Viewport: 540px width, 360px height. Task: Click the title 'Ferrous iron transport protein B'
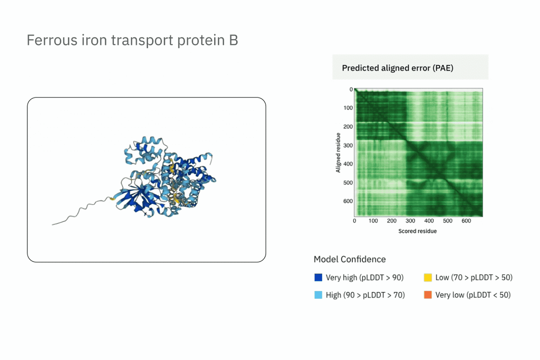132,40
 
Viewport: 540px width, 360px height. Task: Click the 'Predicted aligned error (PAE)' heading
398,68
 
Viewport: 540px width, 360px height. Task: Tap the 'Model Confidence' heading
350,259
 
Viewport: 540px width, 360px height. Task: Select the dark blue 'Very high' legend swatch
318,277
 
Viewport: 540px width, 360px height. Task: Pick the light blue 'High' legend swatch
318,295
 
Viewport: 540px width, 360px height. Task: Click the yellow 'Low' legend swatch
428,277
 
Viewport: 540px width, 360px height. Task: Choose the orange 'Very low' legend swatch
428,295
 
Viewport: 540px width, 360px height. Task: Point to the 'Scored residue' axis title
417,231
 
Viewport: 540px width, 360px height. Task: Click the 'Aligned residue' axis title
338,153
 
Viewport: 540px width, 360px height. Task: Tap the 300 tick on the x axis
410,221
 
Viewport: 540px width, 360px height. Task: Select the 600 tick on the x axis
466,221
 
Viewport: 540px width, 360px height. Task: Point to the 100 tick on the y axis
348,108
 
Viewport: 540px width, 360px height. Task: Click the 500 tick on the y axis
348,183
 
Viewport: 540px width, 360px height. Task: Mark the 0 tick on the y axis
351,89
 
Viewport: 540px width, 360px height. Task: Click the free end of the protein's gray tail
52,225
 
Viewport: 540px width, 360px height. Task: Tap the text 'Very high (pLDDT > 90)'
364,278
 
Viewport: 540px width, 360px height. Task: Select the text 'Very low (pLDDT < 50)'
473,295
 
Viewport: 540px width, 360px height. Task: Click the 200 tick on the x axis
392,221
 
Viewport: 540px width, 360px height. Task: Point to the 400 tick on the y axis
348,164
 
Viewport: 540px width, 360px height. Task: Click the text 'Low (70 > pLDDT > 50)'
474,278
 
